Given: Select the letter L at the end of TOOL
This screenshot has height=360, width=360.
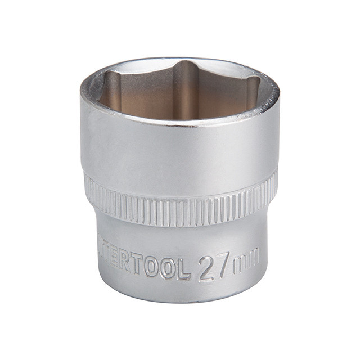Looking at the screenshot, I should point(184,269).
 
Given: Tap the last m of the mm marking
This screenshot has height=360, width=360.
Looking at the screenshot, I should point(253,258).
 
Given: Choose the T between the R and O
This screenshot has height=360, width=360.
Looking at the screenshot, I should point(137,265).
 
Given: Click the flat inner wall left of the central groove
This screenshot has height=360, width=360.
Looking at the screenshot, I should point(143,96).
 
